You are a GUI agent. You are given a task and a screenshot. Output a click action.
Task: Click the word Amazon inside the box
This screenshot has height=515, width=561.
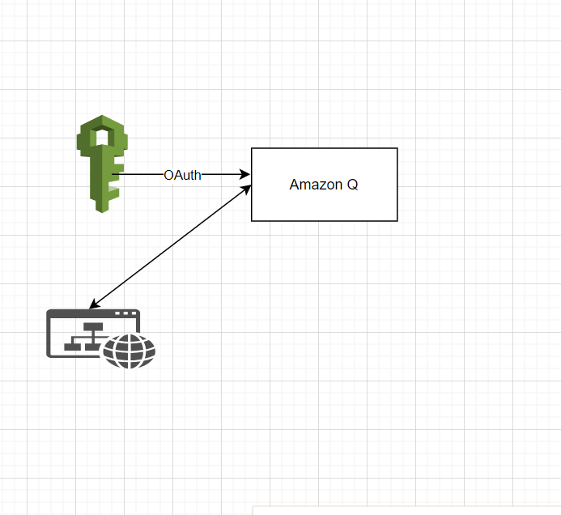click(316, 185)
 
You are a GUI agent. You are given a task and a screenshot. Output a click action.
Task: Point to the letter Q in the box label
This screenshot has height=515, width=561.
click(352, 185)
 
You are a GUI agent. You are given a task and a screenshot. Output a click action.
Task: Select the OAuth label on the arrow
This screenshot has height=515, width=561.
click(182, 175)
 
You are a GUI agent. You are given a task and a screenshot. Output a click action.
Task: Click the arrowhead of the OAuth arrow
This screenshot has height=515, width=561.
click(245, 174)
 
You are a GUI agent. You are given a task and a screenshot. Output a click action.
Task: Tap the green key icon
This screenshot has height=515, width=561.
click(102, 164)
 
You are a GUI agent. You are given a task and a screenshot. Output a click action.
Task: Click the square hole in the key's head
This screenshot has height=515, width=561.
click(102, 138)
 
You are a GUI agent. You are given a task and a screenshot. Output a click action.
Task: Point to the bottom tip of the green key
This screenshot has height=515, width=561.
click(102, 211)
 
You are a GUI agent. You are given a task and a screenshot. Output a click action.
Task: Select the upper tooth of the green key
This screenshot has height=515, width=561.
click(117, 168)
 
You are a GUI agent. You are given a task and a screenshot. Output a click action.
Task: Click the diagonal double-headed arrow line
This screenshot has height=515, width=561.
click(170, 247)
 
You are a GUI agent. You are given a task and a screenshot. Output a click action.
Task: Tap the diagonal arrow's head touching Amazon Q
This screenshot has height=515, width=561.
click(246, 189)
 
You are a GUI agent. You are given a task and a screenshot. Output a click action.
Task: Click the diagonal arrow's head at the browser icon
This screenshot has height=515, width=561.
click(94, 304)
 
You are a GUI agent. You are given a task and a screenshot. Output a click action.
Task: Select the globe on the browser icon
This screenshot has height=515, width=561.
click(130, 351)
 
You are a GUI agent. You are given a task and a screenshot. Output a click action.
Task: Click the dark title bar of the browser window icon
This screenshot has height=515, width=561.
click(93, 313)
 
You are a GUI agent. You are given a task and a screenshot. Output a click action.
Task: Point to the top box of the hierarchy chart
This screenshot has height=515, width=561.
click(93, 327)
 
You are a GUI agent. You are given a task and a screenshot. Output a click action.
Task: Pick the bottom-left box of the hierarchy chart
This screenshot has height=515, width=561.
click(72, 347)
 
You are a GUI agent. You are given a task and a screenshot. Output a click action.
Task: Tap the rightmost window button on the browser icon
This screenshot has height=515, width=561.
click(134, 313)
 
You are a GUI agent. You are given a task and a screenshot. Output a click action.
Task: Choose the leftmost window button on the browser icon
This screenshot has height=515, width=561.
click(117, 313)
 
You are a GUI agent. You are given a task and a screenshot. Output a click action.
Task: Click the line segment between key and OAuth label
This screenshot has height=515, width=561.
click(138, 174)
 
